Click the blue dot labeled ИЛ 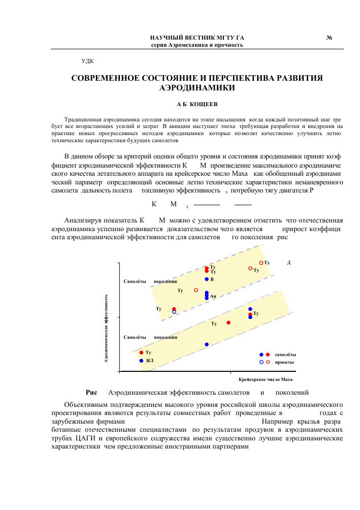pos(141,361)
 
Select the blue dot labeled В pos(207,279)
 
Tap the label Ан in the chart pos(213,296)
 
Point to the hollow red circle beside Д pos(261,263)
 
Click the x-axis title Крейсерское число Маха pos(266,379)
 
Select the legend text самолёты pos(285,355)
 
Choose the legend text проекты pos(284,362)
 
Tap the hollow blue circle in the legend pos(261,362)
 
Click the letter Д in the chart pos(288,263)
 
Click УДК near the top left pos(87,61)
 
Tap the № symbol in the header pos(329,38)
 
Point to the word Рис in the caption pos(91,393)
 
